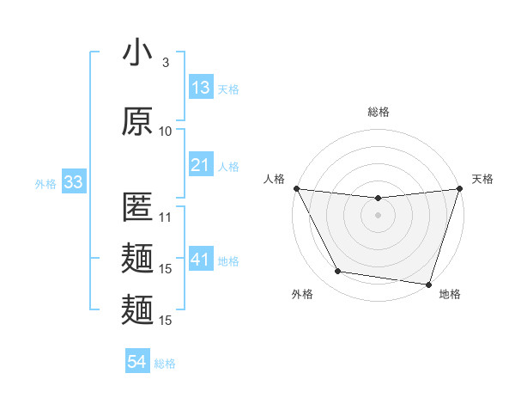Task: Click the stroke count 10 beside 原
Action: click(x=166, y=131)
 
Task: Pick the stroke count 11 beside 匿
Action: click(x=166, y=217)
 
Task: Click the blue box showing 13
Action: click(x=201, y=88)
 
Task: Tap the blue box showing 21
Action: click(x=201, y=165)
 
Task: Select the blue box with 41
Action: click(x=201, y=260)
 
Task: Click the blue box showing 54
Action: click(x=136, y=363)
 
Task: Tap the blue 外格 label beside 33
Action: click(x=45, y=183)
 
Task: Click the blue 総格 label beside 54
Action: click(x=165, y=364)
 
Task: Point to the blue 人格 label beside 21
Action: click(x=228, y=166)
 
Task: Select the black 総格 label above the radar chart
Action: click(x=378, y=112)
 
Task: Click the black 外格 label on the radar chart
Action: click(x=302, y=294)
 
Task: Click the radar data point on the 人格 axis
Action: click(x=296, y=188)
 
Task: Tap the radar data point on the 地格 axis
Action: click(x=428, y=284)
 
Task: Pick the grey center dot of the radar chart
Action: click(x=378, y=215)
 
